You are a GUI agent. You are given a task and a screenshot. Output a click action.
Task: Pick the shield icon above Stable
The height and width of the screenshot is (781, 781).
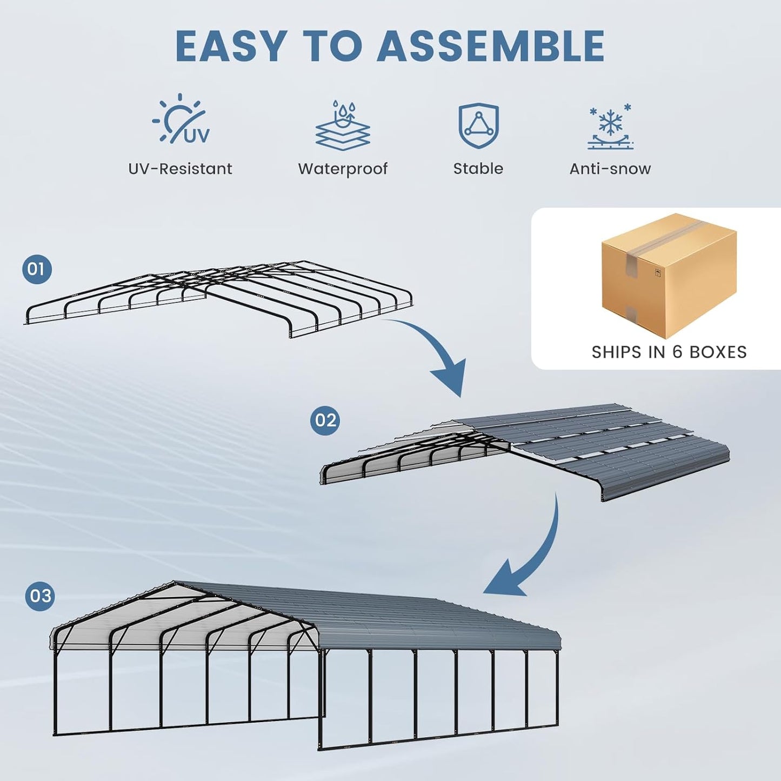pos(478,125)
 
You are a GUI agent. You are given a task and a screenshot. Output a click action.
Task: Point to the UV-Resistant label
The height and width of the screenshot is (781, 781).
pos(180,169)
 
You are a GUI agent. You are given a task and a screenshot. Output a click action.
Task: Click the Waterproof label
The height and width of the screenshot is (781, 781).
pos(343,169)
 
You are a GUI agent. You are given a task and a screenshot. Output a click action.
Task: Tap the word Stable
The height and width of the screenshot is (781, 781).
pos(478,169)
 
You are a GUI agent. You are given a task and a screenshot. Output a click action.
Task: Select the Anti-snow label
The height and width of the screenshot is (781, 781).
pos(610,169)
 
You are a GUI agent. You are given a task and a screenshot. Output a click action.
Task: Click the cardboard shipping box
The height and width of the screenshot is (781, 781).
pos(669,276)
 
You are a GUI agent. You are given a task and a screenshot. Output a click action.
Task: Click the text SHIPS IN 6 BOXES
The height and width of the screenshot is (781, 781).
pos(669,352)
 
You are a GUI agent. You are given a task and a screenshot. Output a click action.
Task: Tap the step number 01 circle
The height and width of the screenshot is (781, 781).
pos(37,269)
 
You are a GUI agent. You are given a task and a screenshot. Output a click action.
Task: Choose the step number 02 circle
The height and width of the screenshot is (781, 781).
pos(325,420)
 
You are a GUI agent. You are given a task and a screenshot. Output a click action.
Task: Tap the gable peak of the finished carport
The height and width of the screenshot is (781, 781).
pos(175,583)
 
